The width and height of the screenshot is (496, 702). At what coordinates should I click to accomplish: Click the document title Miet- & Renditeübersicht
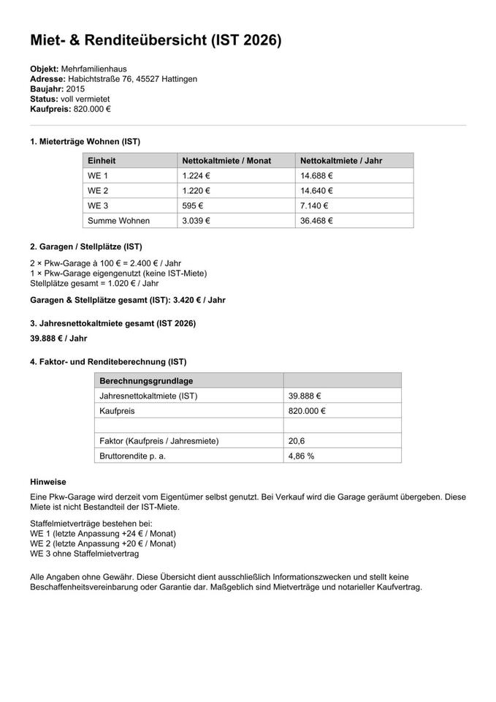coord(156,41)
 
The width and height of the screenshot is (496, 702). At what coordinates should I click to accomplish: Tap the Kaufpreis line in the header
coord(70,108)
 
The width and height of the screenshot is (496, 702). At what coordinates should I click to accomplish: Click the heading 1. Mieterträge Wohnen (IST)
coord(85,141)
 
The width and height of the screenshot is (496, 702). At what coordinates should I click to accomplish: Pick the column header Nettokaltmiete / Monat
coord(226,161)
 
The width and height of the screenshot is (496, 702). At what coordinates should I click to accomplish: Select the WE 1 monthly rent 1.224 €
coord(197,175)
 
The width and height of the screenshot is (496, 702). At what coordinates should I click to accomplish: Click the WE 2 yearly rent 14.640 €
coord(316,191)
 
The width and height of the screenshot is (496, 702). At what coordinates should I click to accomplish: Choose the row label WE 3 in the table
coord(98,206)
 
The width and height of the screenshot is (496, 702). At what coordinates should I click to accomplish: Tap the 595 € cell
coord(193,206)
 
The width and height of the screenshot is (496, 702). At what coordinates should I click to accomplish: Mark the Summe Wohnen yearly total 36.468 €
coord(316,221)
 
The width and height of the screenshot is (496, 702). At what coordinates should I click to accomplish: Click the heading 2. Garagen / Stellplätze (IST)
coord(85,246)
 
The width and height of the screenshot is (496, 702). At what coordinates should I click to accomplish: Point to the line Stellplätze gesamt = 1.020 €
coord(94,283)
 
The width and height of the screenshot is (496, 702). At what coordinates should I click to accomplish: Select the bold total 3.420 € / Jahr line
coord(128,300)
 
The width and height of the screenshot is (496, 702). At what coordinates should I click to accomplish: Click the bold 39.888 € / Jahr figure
coord(58,339)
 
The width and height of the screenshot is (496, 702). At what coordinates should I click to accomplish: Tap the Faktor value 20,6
coord(297,441)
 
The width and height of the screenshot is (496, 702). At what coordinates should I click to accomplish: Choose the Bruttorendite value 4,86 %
coord(302,456)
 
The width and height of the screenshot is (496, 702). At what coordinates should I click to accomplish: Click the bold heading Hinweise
coord(48,482)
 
